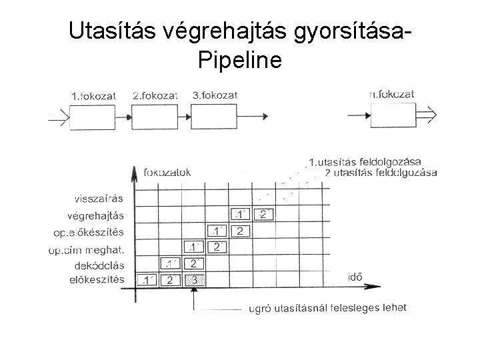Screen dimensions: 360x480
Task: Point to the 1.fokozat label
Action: point(93,96)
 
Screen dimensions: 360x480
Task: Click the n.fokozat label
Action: point(391,95)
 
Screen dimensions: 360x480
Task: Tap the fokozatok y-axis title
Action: point(167,172)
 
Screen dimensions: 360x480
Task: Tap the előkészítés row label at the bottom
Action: point(96,280)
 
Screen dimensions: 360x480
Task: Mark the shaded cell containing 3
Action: point(195,280)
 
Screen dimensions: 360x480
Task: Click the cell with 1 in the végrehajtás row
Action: point(239,215)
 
